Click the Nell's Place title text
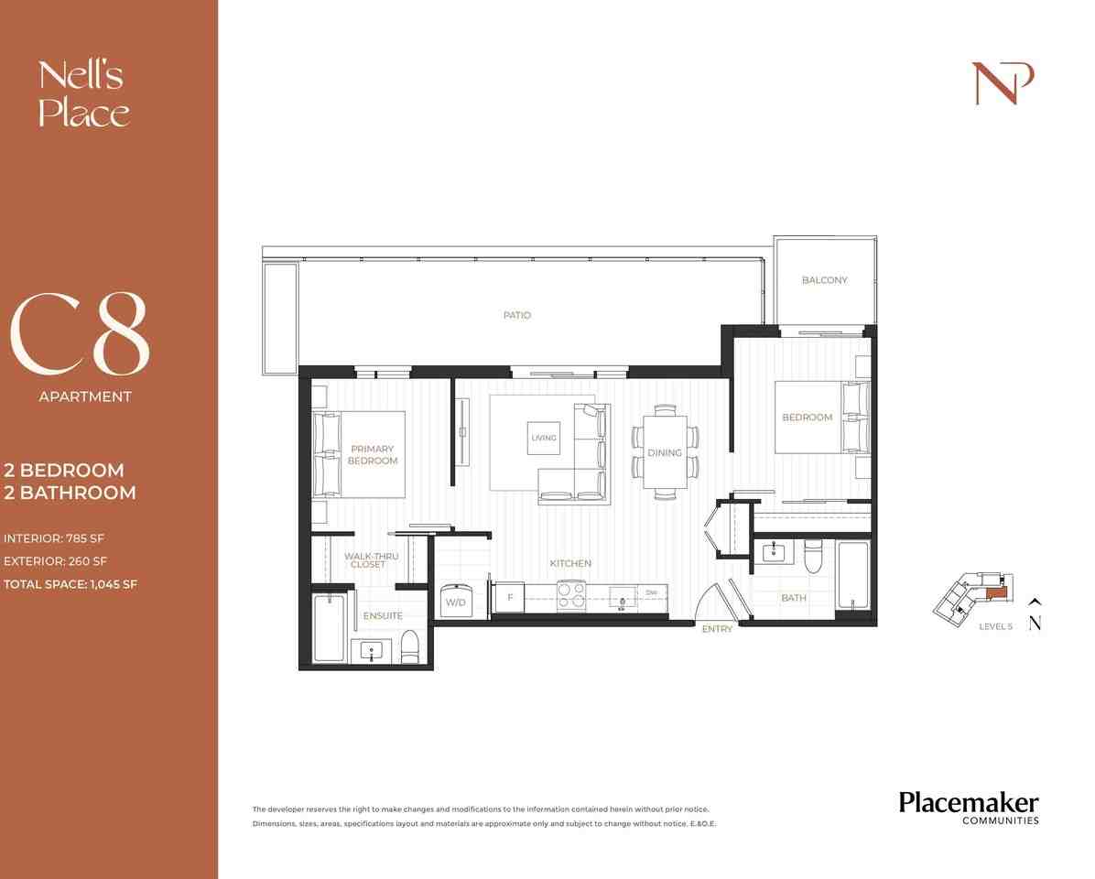coord(83,94)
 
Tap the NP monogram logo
coord(1003,83)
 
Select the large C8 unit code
coord(80,335)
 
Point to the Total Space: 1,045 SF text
coord(70,584)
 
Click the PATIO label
coord(516,315)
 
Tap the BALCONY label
coord(824,280)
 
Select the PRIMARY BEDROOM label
coord(373,455)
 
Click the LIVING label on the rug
coord(543,438)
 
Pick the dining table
coord(665,452)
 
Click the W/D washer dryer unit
coord(455,602)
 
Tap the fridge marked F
coord(509,598)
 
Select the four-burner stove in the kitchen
coord(572,596)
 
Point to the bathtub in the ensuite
coord(329,628)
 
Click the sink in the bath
coord(774,552)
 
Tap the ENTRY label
coord(717,629)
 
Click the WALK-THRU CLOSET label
coord(371,560)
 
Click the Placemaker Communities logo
coord(968,807)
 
